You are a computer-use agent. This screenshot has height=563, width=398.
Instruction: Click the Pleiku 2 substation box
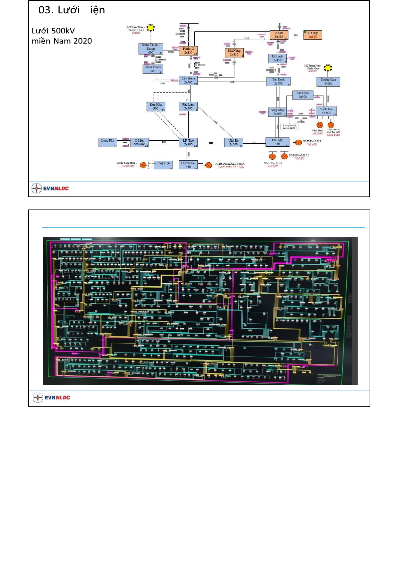188,51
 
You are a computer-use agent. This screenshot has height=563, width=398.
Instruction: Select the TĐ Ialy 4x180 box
313,35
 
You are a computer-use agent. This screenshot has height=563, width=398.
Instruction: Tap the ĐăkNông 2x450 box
234,53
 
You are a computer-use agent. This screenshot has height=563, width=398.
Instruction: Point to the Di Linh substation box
277,58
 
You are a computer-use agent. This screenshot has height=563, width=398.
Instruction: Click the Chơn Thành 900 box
153,69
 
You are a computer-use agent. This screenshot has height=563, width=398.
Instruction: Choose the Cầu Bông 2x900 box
188,81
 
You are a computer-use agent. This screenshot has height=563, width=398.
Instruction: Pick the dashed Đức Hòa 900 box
156,107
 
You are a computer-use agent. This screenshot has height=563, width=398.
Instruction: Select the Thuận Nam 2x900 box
328,82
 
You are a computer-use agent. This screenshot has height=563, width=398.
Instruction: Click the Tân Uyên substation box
303,95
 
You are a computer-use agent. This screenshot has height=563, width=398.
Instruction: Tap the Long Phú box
108,142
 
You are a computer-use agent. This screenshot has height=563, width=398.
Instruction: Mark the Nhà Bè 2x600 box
233,142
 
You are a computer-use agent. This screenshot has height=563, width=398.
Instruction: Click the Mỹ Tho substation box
188,142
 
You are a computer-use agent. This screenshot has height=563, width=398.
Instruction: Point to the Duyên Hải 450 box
188,165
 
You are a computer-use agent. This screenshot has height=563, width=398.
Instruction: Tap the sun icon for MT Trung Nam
328,68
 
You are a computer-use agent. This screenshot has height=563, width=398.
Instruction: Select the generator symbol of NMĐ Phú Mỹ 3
298,143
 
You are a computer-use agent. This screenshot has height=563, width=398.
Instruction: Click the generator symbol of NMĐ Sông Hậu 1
143,165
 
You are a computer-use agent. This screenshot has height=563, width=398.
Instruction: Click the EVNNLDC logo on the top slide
50,188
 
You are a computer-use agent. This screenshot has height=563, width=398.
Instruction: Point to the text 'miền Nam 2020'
62,41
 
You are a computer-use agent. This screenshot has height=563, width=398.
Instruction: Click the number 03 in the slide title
46,10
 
